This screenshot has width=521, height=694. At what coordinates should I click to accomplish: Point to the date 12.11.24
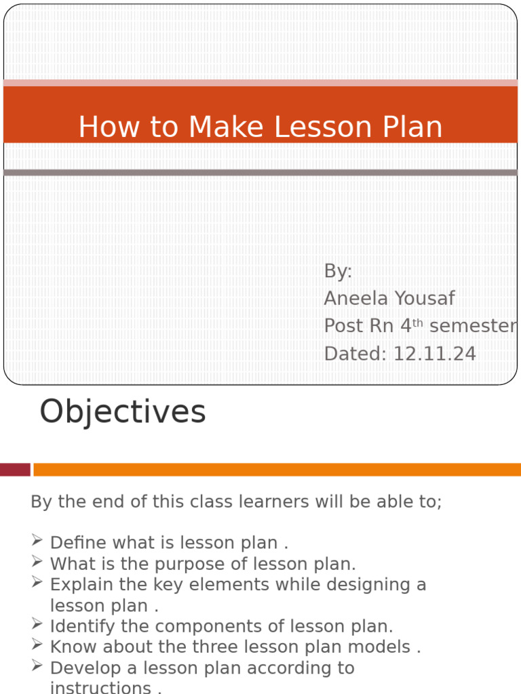click(434, 354)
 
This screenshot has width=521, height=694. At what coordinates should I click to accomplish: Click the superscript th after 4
click(417, 323)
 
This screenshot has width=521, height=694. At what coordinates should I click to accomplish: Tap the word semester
click(473, 326)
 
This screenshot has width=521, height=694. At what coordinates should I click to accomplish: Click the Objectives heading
click(123, 411)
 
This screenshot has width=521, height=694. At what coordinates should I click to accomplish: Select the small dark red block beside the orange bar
click(15, 470)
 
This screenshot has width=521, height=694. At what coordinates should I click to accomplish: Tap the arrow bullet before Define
click(37, 541)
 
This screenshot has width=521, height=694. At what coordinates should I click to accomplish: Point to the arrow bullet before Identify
click(37, 624)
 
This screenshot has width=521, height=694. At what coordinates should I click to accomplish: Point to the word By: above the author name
click(338, 271)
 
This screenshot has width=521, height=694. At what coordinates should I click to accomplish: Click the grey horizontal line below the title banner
click(260, 173)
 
